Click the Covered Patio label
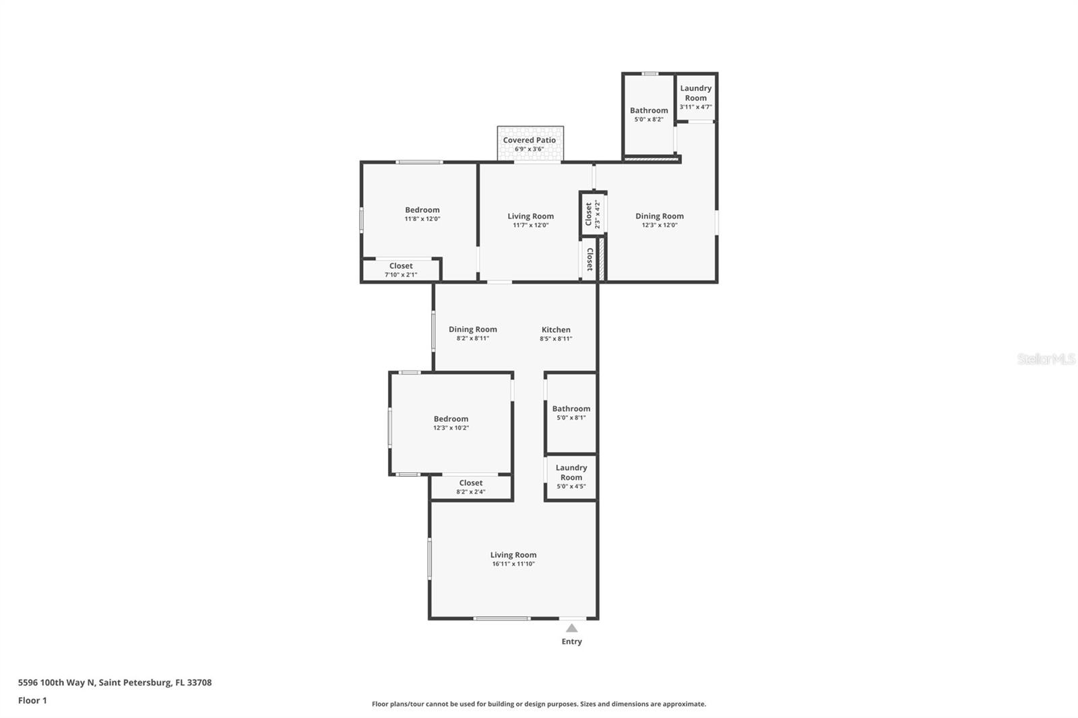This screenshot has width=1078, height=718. click(530, 140)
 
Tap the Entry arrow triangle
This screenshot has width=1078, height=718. click(571, 628)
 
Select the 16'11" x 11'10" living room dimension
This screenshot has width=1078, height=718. click(513, 564)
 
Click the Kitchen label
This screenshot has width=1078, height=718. click(556, 329)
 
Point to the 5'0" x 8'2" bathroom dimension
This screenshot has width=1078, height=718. click(649, 119)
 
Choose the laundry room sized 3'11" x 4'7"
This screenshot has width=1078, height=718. click(695, 96)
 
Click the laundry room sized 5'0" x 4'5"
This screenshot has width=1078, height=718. click(571, 476)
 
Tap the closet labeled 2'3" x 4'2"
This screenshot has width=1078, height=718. click(592, 214)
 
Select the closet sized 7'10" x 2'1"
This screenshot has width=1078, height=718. click(401, 270)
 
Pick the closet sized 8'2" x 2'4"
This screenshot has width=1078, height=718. click(471, 487)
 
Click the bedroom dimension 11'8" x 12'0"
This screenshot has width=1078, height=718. click(422, 219)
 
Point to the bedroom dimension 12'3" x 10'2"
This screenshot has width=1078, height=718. click(451, 428)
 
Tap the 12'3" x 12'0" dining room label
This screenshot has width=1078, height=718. click(659, 216)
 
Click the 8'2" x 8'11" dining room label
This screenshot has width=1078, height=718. click(473, 329)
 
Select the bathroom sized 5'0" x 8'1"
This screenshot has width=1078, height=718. click(571, 412)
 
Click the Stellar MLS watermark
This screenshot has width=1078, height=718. click(1046, 360)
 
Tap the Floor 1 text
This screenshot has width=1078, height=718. click(32, 700)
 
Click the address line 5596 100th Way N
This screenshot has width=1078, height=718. click(115, 682)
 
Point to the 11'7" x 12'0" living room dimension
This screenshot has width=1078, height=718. click(531, 225)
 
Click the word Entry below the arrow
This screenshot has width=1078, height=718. click(571, 642)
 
